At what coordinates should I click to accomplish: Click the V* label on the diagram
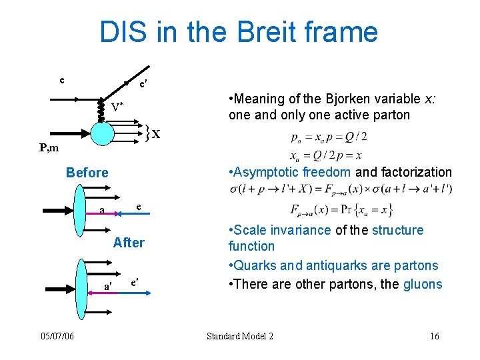coord(117,107)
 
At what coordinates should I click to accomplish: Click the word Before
coord(87,173)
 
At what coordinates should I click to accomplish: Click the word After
coord(129,243)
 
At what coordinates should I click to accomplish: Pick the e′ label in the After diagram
coord(134,282)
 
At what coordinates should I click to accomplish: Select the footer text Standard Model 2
coord(240,336)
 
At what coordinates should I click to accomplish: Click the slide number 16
coord(435,336)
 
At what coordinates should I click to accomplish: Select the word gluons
coord(423,284)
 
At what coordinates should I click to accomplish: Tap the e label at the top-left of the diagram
coord(62,80)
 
